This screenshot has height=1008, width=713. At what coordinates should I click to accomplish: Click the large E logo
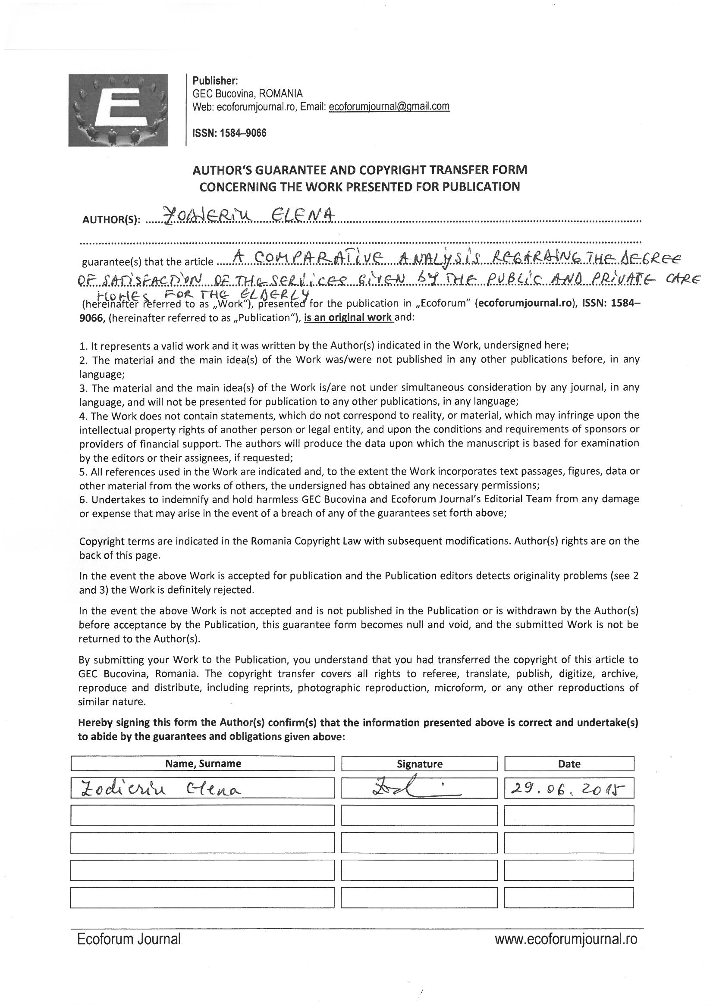[118, 110]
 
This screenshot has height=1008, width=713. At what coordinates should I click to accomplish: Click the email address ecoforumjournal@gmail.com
[389, 106]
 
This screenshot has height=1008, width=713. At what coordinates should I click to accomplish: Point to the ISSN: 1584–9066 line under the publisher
[229, 133]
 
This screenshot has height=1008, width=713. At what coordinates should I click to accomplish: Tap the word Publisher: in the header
[215, 81]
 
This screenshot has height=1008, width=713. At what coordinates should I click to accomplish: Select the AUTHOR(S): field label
[111, 220]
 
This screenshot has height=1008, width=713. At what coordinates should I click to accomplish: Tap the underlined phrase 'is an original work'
[349, 317]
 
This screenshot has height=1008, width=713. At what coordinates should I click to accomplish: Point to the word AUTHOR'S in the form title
[219, 170]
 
